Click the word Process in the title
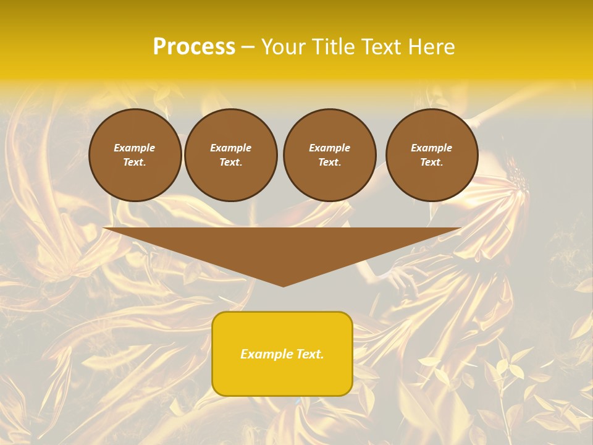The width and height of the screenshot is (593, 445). (194, 47)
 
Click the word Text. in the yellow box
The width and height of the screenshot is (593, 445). (310, 354)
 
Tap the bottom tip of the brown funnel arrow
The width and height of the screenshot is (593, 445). (283, 285)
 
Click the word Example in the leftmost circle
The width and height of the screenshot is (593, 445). (135, 148)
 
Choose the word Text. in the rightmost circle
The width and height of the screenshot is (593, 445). (432, 163)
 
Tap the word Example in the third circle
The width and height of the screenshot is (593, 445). (330, 148)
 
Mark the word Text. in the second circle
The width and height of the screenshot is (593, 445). (231, 163)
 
